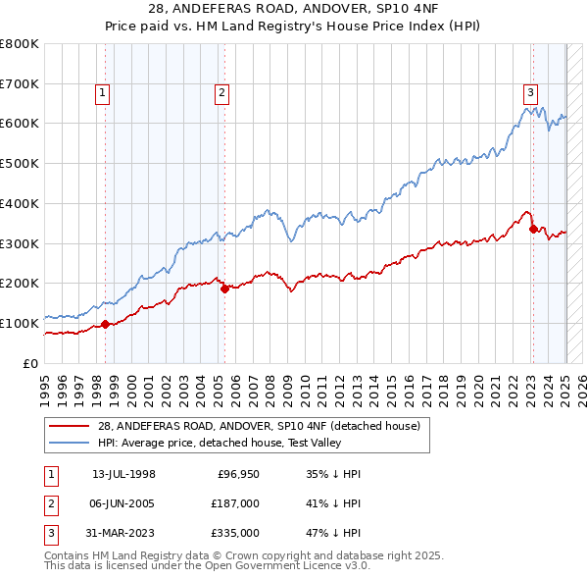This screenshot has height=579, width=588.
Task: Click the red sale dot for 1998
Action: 105,325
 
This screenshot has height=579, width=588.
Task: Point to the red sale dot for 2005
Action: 224,289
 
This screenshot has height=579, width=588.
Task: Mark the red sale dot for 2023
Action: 533,230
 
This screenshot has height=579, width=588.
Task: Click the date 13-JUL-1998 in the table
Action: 123,474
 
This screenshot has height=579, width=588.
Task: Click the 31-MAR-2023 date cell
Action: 123,535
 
